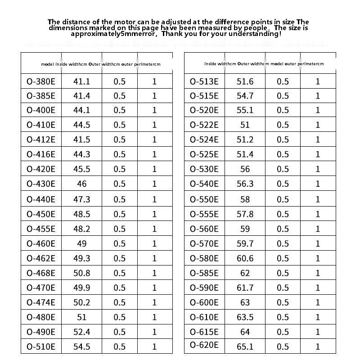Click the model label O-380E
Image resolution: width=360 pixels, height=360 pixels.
pos(41,81)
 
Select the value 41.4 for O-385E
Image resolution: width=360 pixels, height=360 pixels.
pos(81,96)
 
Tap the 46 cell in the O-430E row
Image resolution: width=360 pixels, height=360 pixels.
pos(81,184)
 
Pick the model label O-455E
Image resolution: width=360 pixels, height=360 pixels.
pos(41,229)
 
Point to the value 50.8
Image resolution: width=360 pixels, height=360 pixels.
pos(81,273)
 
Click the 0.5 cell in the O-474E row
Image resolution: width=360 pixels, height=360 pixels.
pos(120,302)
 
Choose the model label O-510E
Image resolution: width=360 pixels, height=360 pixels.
pos(41,346)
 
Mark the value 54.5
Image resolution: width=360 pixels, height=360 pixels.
pos(81,346)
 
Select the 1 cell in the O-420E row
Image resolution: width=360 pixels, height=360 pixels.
pos(155,169)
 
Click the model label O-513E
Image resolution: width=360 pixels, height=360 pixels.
pos(204,81)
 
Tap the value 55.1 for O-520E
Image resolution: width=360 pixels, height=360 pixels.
pos(245,110)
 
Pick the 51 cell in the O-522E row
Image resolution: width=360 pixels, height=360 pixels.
pos(245,125)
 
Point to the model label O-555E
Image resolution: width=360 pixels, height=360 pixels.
pos(204,214)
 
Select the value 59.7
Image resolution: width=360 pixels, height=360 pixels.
pos(245,243)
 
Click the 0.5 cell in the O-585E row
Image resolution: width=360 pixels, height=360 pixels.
pos(283,273)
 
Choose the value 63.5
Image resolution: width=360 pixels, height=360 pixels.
pos(245,317)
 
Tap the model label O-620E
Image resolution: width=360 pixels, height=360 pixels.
pos(204,345)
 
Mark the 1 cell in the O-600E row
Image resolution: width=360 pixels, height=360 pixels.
pos(318,302)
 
